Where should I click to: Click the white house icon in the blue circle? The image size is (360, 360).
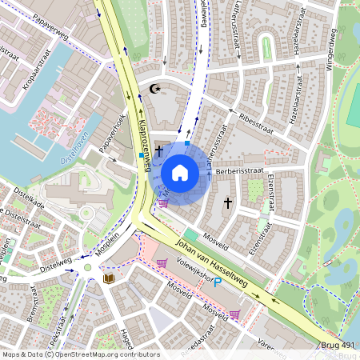pyautogui.click(x=180, y=173)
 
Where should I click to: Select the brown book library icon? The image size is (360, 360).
pyautogui.click(x=110, y=278)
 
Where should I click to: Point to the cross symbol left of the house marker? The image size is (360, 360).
pyautogui.click(x=159, y=150)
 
